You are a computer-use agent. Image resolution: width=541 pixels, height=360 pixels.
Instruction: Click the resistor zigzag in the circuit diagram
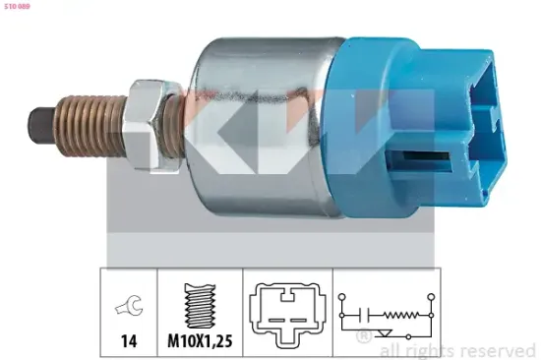[399, 317]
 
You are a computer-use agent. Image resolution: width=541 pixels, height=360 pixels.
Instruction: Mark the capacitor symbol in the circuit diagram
[364, 317]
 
